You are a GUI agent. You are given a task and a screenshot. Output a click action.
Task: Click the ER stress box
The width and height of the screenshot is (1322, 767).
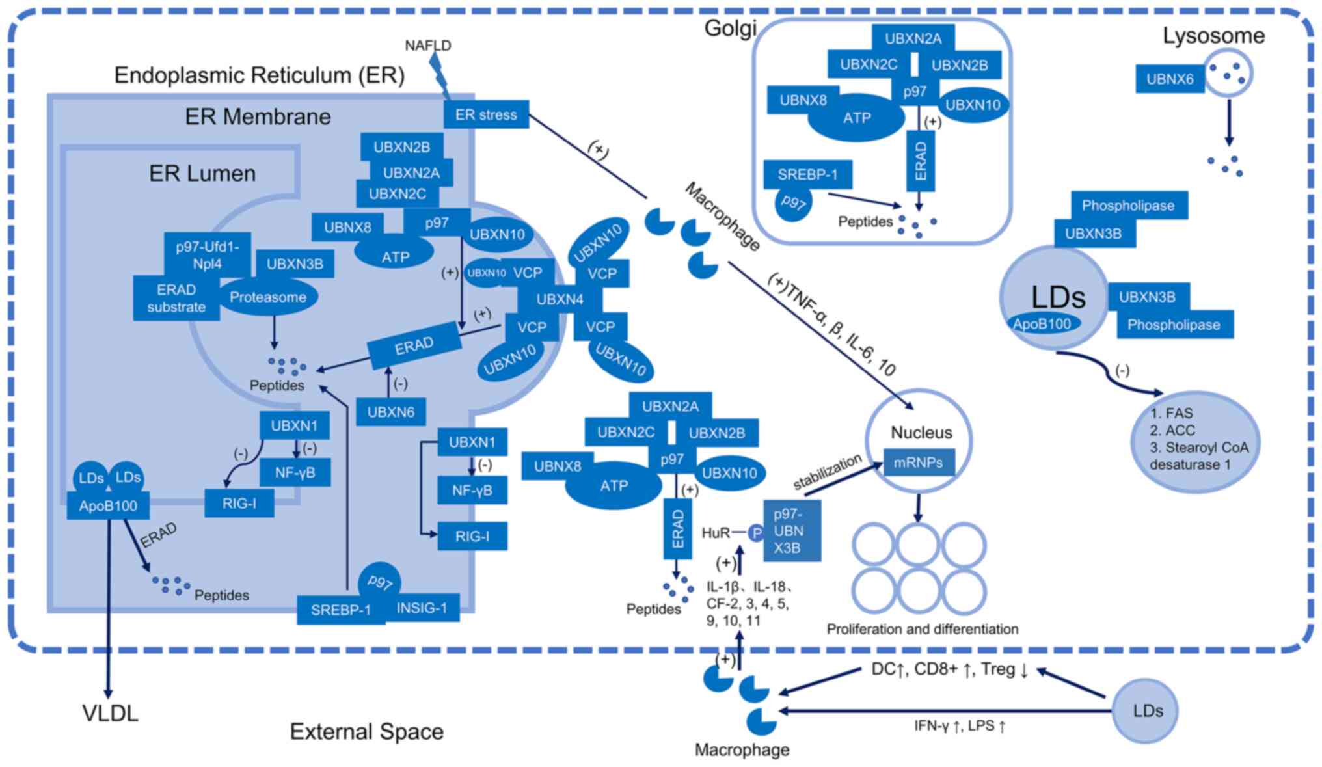(486, 114)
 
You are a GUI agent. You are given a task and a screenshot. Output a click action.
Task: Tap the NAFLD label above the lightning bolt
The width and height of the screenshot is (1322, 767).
(427, 46)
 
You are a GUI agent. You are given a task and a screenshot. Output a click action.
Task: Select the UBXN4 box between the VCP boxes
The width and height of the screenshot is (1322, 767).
(560, 299)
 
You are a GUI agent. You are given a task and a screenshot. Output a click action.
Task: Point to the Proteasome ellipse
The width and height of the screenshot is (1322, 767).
(267, 297)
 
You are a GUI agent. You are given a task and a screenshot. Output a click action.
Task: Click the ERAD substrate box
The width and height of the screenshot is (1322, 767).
(176, 299)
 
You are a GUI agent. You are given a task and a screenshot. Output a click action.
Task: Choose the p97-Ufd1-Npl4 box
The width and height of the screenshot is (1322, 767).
(207, 255)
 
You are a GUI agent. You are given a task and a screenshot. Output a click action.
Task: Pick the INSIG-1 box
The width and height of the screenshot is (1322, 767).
(422, 608)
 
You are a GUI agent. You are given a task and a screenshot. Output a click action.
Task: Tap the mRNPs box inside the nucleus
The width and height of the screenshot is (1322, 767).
(918, 463)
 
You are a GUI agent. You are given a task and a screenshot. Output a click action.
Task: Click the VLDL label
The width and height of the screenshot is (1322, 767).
(110, 713)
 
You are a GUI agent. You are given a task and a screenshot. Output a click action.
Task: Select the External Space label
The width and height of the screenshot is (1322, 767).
(366, 731)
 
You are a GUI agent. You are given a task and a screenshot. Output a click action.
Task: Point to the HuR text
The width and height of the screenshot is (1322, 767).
(716, 533)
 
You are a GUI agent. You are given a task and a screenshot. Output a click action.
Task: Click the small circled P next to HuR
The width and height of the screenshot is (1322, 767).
(756, 533)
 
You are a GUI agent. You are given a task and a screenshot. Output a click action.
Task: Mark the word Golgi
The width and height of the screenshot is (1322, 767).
(730, 28)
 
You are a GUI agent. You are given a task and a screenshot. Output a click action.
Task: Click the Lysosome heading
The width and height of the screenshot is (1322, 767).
(1213, 36)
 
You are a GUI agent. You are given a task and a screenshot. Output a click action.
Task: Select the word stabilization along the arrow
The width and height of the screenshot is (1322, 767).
(827, 472)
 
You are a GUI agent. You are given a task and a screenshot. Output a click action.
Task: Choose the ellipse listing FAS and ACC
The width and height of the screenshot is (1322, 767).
(1198, 440)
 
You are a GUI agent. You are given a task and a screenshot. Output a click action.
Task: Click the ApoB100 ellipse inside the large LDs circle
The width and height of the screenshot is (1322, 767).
(1042, 324)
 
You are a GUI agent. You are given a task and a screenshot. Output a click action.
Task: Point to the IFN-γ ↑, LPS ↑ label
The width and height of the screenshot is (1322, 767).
(960, 725)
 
